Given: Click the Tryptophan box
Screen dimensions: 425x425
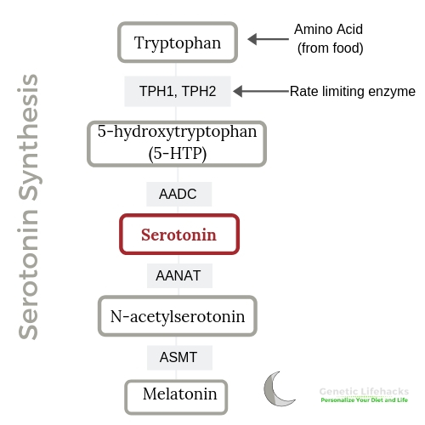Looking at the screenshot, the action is pyautogui.click(x=178, y=42).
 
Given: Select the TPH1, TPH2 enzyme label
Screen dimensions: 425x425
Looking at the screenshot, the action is pyautogui.click(x=178, y=91).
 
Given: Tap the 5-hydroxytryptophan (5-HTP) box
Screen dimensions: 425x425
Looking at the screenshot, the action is pyautogui.click(x=177, y=144).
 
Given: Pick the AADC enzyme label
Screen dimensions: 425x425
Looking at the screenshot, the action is pyautogui.click(x=178, y=194).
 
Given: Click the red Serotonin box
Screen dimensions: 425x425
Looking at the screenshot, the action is pyautogui.click(x=179, y=235).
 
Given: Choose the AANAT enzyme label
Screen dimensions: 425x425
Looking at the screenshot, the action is pyautogui.click(x=179, y=275).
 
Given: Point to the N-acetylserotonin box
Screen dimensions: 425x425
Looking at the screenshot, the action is pyautogui.click(x=178, y=316).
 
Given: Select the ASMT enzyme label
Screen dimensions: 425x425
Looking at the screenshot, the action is pyautogui.click(x=179, y=358).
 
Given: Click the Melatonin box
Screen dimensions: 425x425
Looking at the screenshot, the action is pyautogui.click(x=176, y=397).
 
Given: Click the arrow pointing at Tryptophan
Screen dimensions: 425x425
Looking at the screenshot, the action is pyautogui.click(x=268, y=39).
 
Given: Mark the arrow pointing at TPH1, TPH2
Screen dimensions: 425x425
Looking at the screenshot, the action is pyautogui.click(x=261, y=91).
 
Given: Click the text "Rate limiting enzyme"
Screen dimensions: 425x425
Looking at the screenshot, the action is pyautogui.click(x=353, y=92).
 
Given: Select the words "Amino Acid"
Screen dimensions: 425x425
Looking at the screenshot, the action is pyautogui.click(x=328, y=29).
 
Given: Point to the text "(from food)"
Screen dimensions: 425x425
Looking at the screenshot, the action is pyautogui.click(x=331, y=48).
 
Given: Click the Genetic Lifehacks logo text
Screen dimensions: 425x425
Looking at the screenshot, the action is pyautogui.click(x=364, y=391).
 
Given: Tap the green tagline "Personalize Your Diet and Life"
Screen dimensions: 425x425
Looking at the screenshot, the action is pyautogui.click(x=364, y=399).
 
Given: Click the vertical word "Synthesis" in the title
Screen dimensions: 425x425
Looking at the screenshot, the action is pyautogui.click(x=28, y=137).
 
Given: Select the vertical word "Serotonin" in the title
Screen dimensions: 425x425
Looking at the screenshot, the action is pyautogui.click(x=28, y=275).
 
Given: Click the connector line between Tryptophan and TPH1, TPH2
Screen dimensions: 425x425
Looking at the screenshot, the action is pyautogui.click(x=176, y=70).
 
